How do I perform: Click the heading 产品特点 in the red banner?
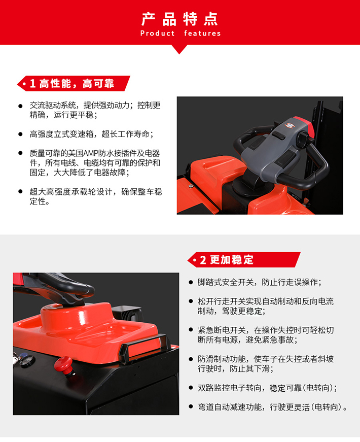(x=179, y=19)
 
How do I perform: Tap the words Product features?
(x=181, y=33)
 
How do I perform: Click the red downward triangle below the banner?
(x=179, y=49)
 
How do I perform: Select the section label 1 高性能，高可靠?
(x=72, y=83)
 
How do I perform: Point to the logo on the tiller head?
(x=290, y=125)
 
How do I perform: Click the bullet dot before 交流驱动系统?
(x=20, y=106)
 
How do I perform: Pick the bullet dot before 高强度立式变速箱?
(x=20, y=134)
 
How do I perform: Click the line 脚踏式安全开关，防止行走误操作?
(x=260, y=282)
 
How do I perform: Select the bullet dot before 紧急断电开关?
(x=191, y=330)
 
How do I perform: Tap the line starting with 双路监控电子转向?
(x=267, y=388)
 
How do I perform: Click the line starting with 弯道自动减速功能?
(x=272, y=407)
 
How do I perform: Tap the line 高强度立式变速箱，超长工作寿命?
(x=92, y=134)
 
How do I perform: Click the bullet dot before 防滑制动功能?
(x=191, y=359)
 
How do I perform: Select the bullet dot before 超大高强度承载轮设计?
(x=20, y=192)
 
